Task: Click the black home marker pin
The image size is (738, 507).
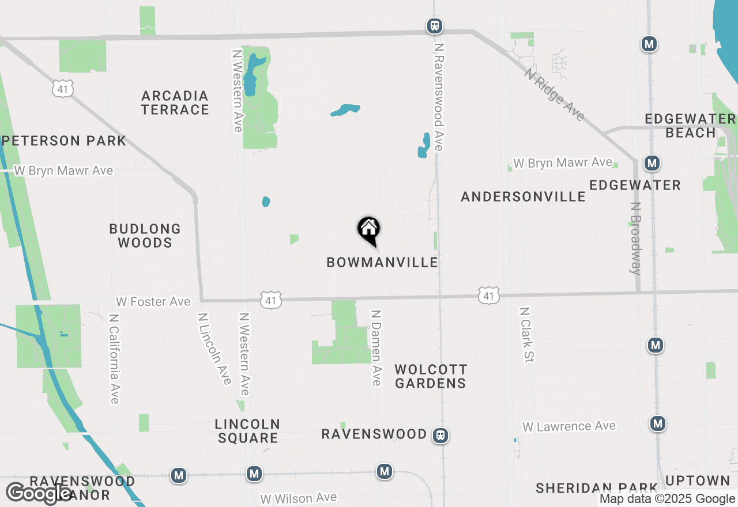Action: point(369,230)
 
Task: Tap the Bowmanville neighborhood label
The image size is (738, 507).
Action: point(382,263)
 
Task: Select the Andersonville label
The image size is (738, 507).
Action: point(523,196)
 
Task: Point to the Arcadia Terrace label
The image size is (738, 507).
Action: point(175,103)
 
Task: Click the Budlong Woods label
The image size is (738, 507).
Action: point(145,236)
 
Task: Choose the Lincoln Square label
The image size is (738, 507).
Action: point(247,431)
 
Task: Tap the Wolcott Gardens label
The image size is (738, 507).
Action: point(431,376)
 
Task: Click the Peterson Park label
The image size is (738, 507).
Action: point(63,141)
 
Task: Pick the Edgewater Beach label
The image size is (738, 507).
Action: point(690,126)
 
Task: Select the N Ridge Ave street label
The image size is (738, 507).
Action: point(555,94)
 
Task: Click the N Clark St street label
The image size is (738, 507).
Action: point(526,334)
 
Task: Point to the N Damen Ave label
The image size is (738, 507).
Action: point(376,347)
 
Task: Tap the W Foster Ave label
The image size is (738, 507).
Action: point(153,302)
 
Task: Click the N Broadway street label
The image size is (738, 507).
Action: point(636,238)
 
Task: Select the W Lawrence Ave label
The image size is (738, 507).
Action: point(569,426)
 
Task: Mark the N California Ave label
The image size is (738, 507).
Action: point(114,358)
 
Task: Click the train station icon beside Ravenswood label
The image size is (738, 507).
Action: point(441,435)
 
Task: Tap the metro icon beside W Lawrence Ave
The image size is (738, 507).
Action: point(657,424)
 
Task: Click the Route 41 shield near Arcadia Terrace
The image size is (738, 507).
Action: point(62,88)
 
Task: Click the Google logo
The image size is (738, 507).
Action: point(39,493)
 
